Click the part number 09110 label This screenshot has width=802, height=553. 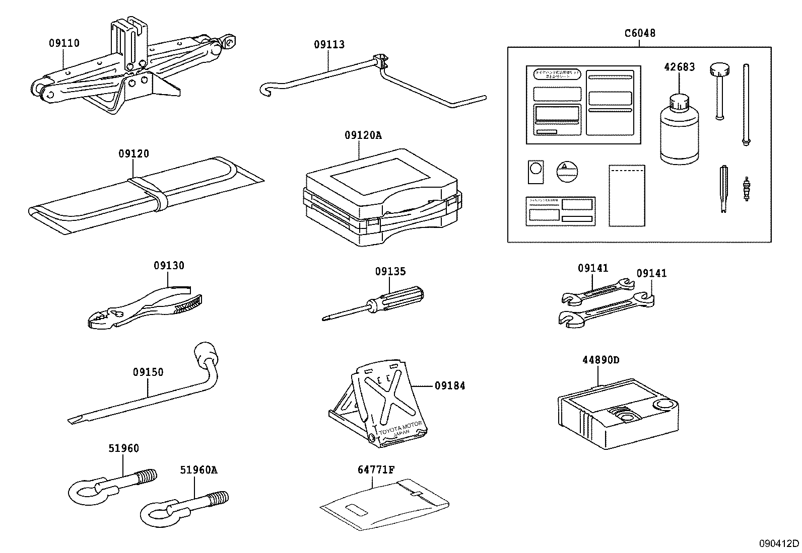[64, 43]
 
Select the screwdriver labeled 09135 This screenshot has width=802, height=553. [383, 303]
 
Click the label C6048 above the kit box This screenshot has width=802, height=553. [640, 33]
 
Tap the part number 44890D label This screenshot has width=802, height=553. [600, 360]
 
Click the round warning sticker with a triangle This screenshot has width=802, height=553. [566, 172]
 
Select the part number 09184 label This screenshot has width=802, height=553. [450, 386]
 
